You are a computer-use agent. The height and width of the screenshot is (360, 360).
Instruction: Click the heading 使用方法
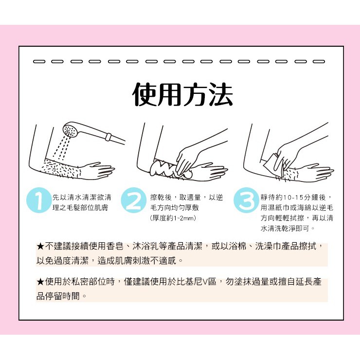(x=183, y=94)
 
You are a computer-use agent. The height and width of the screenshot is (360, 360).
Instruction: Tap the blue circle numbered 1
(x=38, y=200)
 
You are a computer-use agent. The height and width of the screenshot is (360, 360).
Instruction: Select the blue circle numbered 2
(x=134, y=200)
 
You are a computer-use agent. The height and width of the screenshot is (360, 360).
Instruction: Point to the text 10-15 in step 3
(x=293, y=197)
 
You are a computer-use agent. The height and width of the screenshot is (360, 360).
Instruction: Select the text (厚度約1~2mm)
(x=173, y=218)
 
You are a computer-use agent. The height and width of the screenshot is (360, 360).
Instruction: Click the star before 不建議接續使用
(x=40, y=247)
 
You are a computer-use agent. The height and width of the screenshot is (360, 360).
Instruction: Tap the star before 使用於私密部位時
(x=40, y=282)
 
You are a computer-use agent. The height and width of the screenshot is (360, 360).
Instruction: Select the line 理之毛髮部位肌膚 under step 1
(x=80, y=208)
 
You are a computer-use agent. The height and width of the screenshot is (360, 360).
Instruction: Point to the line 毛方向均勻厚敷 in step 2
(x=175, y=208)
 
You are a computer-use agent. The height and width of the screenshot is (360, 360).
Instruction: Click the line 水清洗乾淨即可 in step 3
(x=285, y=228)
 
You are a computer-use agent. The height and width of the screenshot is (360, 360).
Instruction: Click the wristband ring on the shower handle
(x=108, y=137)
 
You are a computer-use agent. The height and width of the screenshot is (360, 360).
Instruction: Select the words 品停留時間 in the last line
(x=58, y=296)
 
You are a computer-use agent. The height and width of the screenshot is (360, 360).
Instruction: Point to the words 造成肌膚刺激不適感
(x=137, y=261)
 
